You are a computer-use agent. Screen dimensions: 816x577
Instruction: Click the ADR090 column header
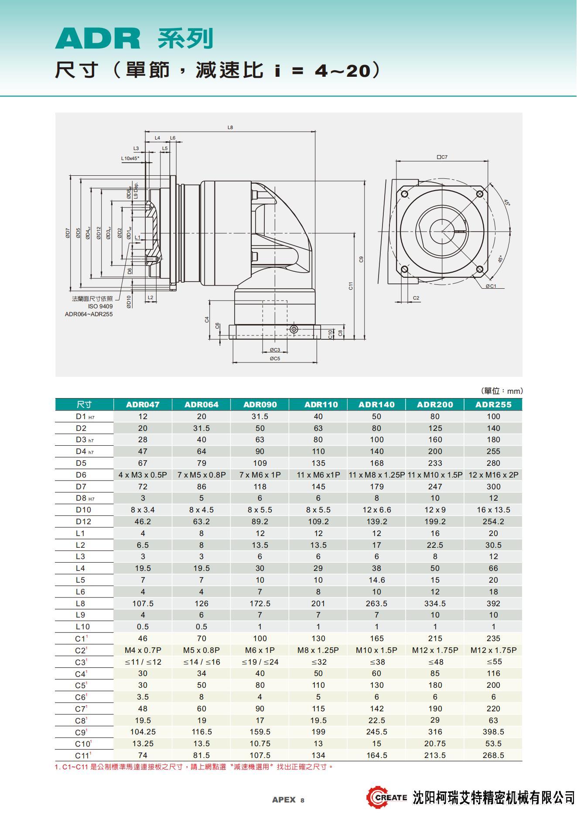pos(260,404)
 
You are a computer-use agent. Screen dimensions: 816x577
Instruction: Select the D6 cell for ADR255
pos(493,475)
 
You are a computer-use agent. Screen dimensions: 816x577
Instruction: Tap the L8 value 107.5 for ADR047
pos(143,603)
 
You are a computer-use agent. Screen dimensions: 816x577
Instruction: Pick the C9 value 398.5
pos(493,731)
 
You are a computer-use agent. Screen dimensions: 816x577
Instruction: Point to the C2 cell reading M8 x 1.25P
pos(318,650)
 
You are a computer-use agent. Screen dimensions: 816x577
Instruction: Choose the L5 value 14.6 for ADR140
pos(376,580)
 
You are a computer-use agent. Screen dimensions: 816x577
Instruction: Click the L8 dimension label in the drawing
pos(230,127)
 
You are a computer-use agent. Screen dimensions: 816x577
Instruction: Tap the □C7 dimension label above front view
pos(442,157)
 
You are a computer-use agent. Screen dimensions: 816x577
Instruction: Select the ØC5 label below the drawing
pos(275,358)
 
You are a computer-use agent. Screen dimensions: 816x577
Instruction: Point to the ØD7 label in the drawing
pos(68,233)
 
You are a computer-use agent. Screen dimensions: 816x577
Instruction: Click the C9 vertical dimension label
pos(361,259)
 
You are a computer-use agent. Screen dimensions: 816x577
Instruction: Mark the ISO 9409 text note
pos(100,306)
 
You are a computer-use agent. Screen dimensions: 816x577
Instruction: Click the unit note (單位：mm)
pos(502,391)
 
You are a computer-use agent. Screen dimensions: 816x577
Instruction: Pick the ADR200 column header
pos(435,404)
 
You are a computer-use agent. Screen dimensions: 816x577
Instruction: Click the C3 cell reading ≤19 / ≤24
pos(260,662)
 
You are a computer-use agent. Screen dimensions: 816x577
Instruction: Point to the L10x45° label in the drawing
pos(130,158)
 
